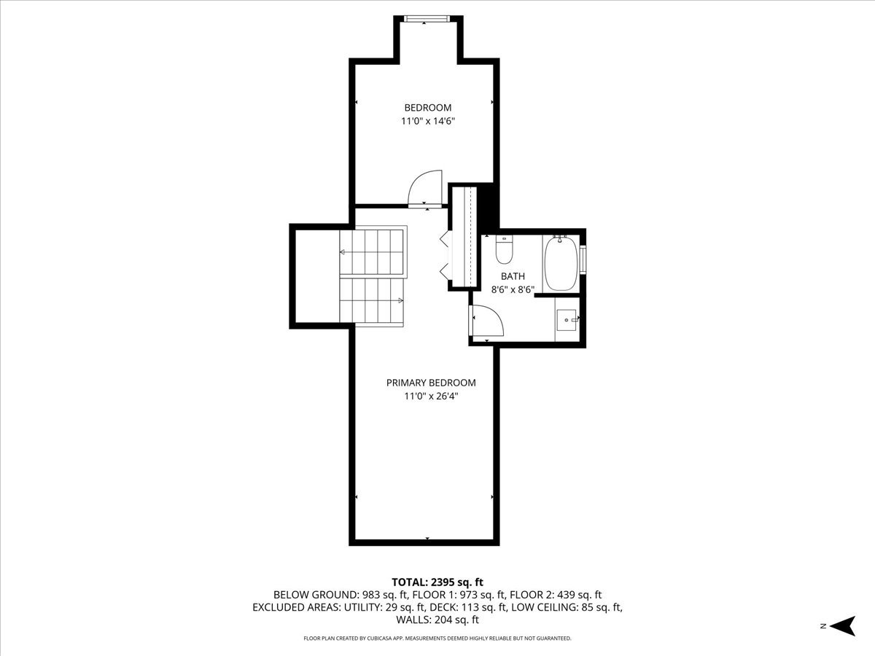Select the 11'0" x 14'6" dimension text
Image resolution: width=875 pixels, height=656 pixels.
[428, 122]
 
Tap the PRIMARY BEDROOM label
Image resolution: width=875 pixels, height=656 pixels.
[431, 383]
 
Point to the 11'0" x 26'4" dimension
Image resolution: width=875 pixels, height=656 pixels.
[431, 397]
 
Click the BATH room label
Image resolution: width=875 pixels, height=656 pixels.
[513, 276]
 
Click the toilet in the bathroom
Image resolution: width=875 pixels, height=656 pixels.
[504, 250]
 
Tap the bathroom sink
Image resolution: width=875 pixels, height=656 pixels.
[567, 318]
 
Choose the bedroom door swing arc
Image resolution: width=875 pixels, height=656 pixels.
[425, 188]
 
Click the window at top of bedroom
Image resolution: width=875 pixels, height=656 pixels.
[428, 20]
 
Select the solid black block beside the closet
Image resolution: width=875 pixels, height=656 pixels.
[489, 208]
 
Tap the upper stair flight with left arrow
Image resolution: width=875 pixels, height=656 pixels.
[371, 252]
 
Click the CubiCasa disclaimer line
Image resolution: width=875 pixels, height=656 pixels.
[437, 639]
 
